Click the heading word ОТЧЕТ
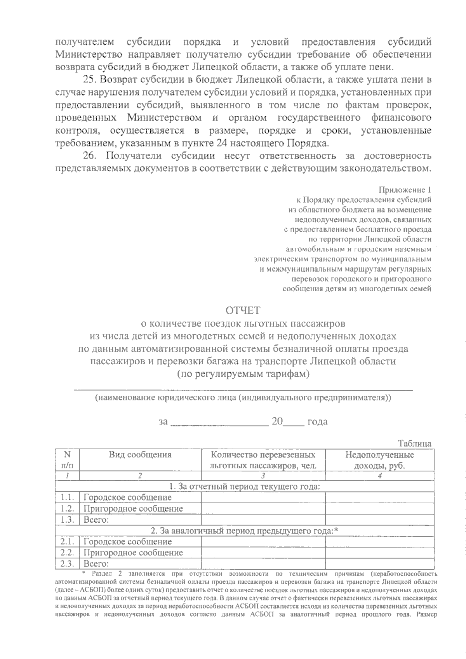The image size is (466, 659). click(x=243, y=310)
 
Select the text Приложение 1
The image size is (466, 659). click(x=405, y=190)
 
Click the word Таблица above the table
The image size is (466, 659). click(x=414, y=443)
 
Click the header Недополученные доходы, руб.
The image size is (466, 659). click(x=379, y=460)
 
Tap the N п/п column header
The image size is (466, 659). click(x=67, y=460)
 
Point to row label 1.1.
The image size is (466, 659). click(x=67, y=497)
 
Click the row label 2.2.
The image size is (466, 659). click(x=67, y=553)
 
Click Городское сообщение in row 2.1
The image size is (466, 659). click(x=127, y=542)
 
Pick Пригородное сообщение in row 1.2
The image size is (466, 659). click(x=133, y=509)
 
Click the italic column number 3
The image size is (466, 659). click(x=263, y=476)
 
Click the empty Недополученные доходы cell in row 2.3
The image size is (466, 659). click(x=379, y=563)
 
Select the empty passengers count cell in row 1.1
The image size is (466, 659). click(x=263, y=497)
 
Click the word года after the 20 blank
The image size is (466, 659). click(x=317, y=422)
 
